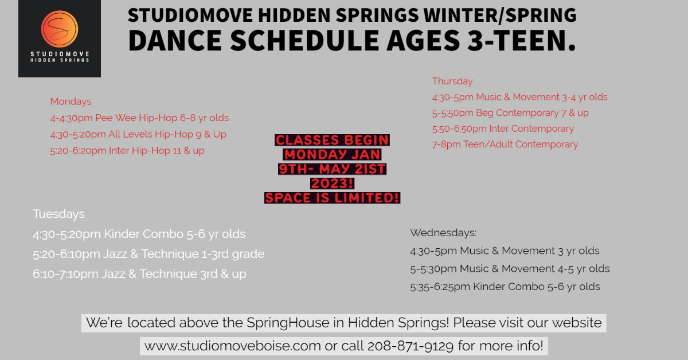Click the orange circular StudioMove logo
[60, 29]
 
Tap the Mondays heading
[71, 101]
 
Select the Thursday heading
[452, 81]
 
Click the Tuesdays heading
[58, 214]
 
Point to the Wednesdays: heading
[443, 233]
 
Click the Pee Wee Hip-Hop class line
[139, 118]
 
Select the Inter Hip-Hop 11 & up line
[127, 151]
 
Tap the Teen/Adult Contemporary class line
[505, 144]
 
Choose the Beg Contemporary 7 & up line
[510, 113]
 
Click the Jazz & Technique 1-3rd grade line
[148, 254]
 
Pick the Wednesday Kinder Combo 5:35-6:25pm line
[505, 287]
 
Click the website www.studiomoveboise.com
[233, 346]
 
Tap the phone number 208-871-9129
[411, 346]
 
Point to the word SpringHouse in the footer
[288, 323]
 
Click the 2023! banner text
[332, 183]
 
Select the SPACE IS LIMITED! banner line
[332, 198]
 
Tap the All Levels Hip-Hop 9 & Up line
[138, 135]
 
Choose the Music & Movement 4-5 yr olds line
[510, 269]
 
